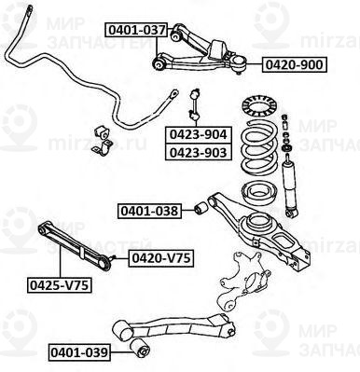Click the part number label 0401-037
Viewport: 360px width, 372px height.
click(x=135, y=30)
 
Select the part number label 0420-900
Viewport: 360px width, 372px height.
click(x=295, y=65)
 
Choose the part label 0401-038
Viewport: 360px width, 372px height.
click(x=149, y=211)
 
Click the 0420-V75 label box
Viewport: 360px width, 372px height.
click(x=159, y=257)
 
